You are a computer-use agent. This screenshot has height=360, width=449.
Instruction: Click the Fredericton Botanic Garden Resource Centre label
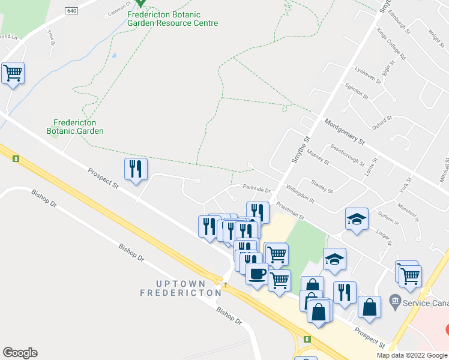172,19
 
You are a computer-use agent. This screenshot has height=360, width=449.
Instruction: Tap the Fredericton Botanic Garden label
78,127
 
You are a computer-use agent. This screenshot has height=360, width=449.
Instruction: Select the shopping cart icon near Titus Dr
13,74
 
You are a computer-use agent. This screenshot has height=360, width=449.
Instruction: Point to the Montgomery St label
344,132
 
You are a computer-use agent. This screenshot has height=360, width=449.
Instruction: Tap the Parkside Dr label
258,187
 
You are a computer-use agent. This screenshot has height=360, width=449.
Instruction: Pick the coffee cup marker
258,274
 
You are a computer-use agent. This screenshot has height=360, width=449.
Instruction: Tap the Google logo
20,353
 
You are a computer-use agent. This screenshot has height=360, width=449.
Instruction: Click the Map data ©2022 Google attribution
412,355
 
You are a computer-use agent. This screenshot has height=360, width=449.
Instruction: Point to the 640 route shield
71,11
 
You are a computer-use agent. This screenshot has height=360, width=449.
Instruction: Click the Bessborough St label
347,154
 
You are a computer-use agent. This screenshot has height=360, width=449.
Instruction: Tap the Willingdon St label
300,193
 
